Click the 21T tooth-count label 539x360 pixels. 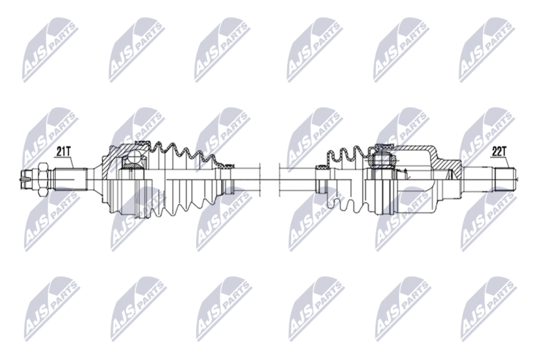pos(64,152)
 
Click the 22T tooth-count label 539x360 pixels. pos(499,152)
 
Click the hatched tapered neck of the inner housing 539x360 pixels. pos(447,166)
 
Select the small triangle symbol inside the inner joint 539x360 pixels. pos(406,175)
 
